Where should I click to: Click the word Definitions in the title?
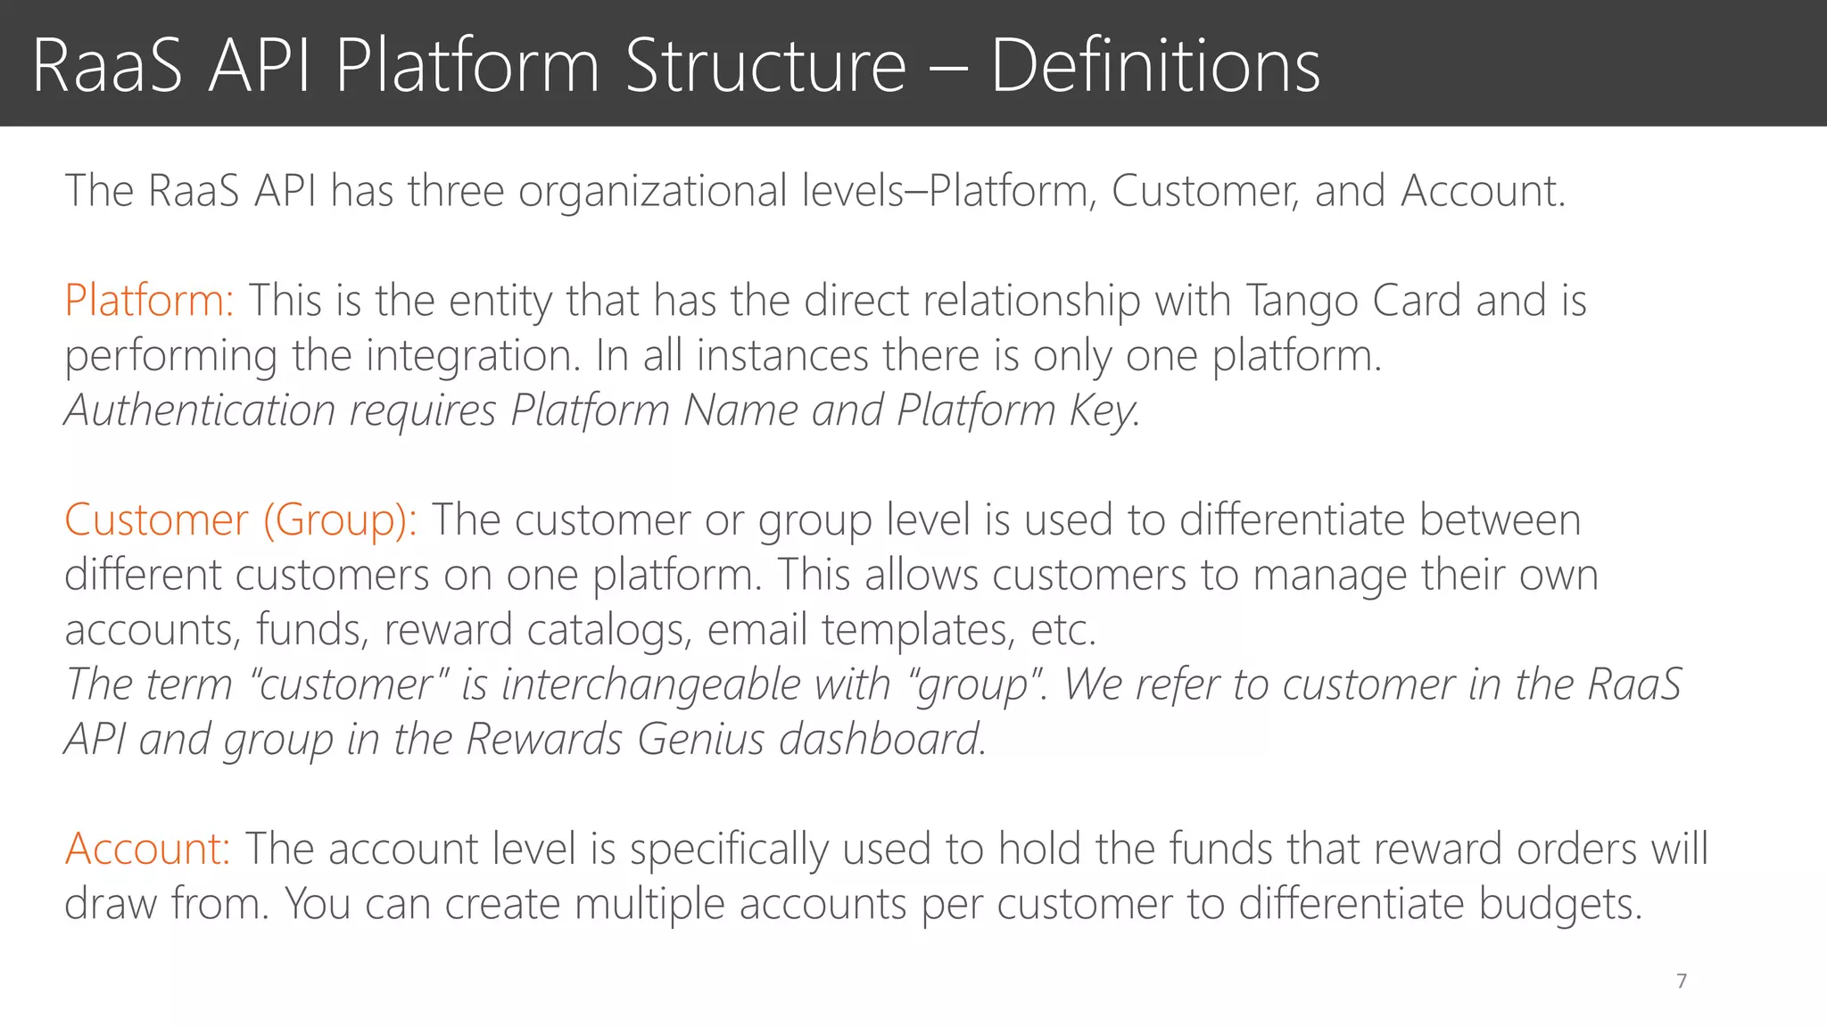point(1155,66)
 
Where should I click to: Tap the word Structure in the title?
point(765,66)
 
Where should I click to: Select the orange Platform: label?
point(149,301)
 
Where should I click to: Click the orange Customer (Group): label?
point(240,520)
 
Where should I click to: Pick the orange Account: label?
point(147,849)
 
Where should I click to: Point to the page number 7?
point(1682,982)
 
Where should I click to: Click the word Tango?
point(1302,302)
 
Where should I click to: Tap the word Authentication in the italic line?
point(200,411)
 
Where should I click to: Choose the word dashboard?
point(881,740)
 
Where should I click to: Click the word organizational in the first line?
point(652,192)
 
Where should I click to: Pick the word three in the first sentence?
point(456,192)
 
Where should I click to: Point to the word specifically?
point(729,849)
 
